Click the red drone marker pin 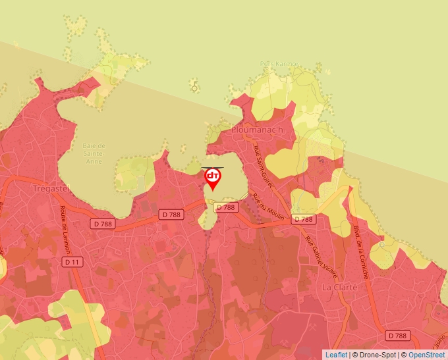[213, 178]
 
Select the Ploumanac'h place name [258, 130]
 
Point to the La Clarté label [339, 288]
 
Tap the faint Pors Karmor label [279, 64]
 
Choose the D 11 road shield [72, 261]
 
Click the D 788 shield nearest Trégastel [103, 224]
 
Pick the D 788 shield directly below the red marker [225, 207]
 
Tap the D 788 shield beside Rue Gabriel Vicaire [304, 219]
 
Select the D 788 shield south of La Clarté [397, 335]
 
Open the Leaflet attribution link [336, 355]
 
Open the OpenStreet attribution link [427, 355]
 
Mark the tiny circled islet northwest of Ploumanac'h [194, 88]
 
